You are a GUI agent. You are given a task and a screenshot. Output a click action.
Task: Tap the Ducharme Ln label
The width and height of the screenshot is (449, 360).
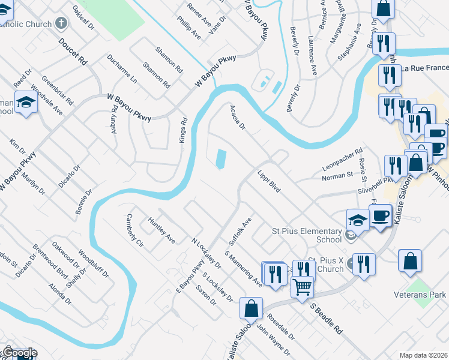122,68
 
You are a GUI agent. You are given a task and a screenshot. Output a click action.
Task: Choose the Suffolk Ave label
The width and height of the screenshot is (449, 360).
239,232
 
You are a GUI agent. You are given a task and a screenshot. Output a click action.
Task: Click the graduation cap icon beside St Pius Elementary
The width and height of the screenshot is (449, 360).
358,220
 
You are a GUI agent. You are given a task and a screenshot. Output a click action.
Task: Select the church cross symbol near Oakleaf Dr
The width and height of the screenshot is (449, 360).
60,24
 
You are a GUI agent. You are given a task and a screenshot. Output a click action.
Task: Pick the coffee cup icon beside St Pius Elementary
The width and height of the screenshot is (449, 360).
380,215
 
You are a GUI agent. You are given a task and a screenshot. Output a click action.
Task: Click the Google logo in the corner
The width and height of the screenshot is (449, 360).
19,353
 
